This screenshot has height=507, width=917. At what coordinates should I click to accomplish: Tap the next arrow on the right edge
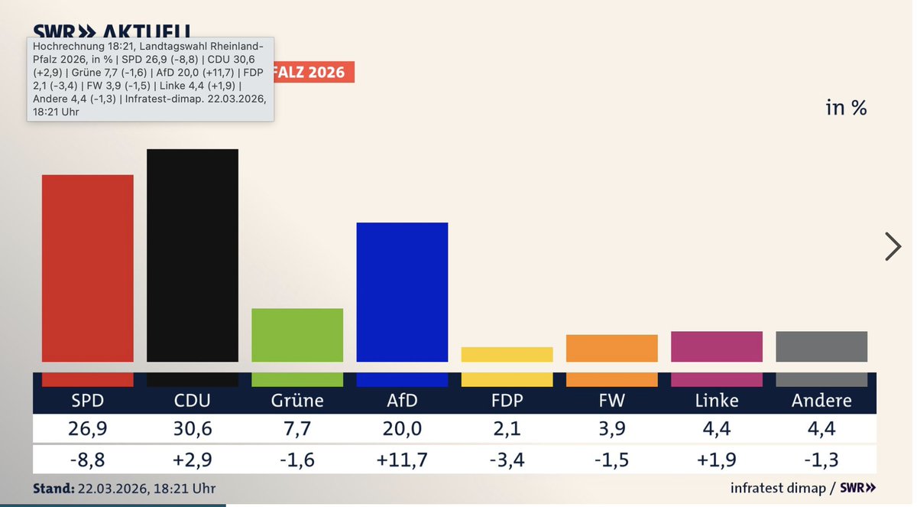click(x=892, y=246)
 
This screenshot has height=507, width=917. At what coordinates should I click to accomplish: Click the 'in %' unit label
click(x=846, y=108)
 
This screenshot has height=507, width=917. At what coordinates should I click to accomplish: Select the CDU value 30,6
click(x=192, y=429)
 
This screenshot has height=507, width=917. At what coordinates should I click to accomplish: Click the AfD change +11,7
click(x=402, y=460)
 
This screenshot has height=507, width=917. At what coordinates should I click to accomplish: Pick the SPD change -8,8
click(x=87, y=460)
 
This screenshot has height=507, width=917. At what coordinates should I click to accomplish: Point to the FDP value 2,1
click(x=507, y=429)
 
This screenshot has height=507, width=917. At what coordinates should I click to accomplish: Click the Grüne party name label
click(x=296, y=400)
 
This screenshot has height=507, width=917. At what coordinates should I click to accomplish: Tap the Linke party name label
click(x=716, y=400)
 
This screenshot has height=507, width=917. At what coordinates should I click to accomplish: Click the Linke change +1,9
click(x=716, y=460)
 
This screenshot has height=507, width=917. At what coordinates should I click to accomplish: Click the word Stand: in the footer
click(x=53, y=488)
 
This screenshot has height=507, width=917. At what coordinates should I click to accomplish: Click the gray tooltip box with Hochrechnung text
click(x=151, y=78)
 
